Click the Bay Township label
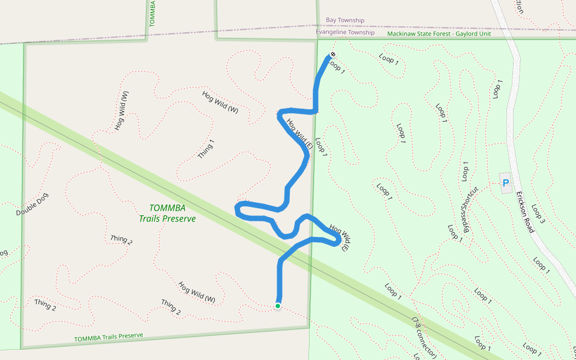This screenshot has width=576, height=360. (x=345, y=20)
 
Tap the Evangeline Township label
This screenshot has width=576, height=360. (x=345, y=32)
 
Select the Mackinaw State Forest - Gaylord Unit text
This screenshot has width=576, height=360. (x=439, y=34)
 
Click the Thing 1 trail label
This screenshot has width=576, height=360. (x=206, y=149)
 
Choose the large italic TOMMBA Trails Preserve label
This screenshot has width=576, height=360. (x=167, y=213)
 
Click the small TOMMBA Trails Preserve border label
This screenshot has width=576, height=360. (x=109, y=337)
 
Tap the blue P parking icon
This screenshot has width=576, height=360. (x=505, y=183)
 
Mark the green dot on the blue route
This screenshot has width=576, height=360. (x=278, y=306)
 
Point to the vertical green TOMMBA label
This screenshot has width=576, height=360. (x=152, y=12)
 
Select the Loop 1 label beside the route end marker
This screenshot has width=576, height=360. (x=338, y=66)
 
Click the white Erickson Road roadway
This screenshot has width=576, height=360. (x=511, y=90)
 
